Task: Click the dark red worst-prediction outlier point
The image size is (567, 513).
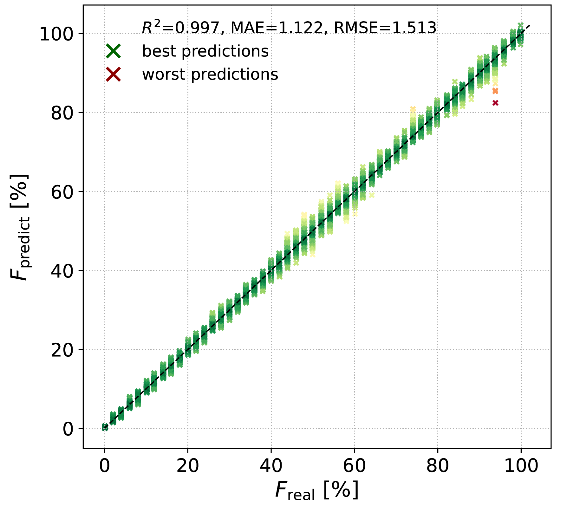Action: [495, 103]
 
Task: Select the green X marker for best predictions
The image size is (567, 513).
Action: [114, 51]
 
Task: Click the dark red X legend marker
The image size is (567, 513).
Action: [114, 75]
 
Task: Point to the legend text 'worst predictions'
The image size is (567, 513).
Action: [210, 75]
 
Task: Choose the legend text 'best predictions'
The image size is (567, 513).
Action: [205, 51]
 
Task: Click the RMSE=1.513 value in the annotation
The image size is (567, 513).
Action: [385, 28]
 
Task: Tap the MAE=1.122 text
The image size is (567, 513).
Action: [276, 28]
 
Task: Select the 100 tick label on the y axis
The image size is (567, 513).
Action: [57, 34]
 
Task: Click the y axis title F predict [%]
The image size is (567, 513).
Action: [20, 227]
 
